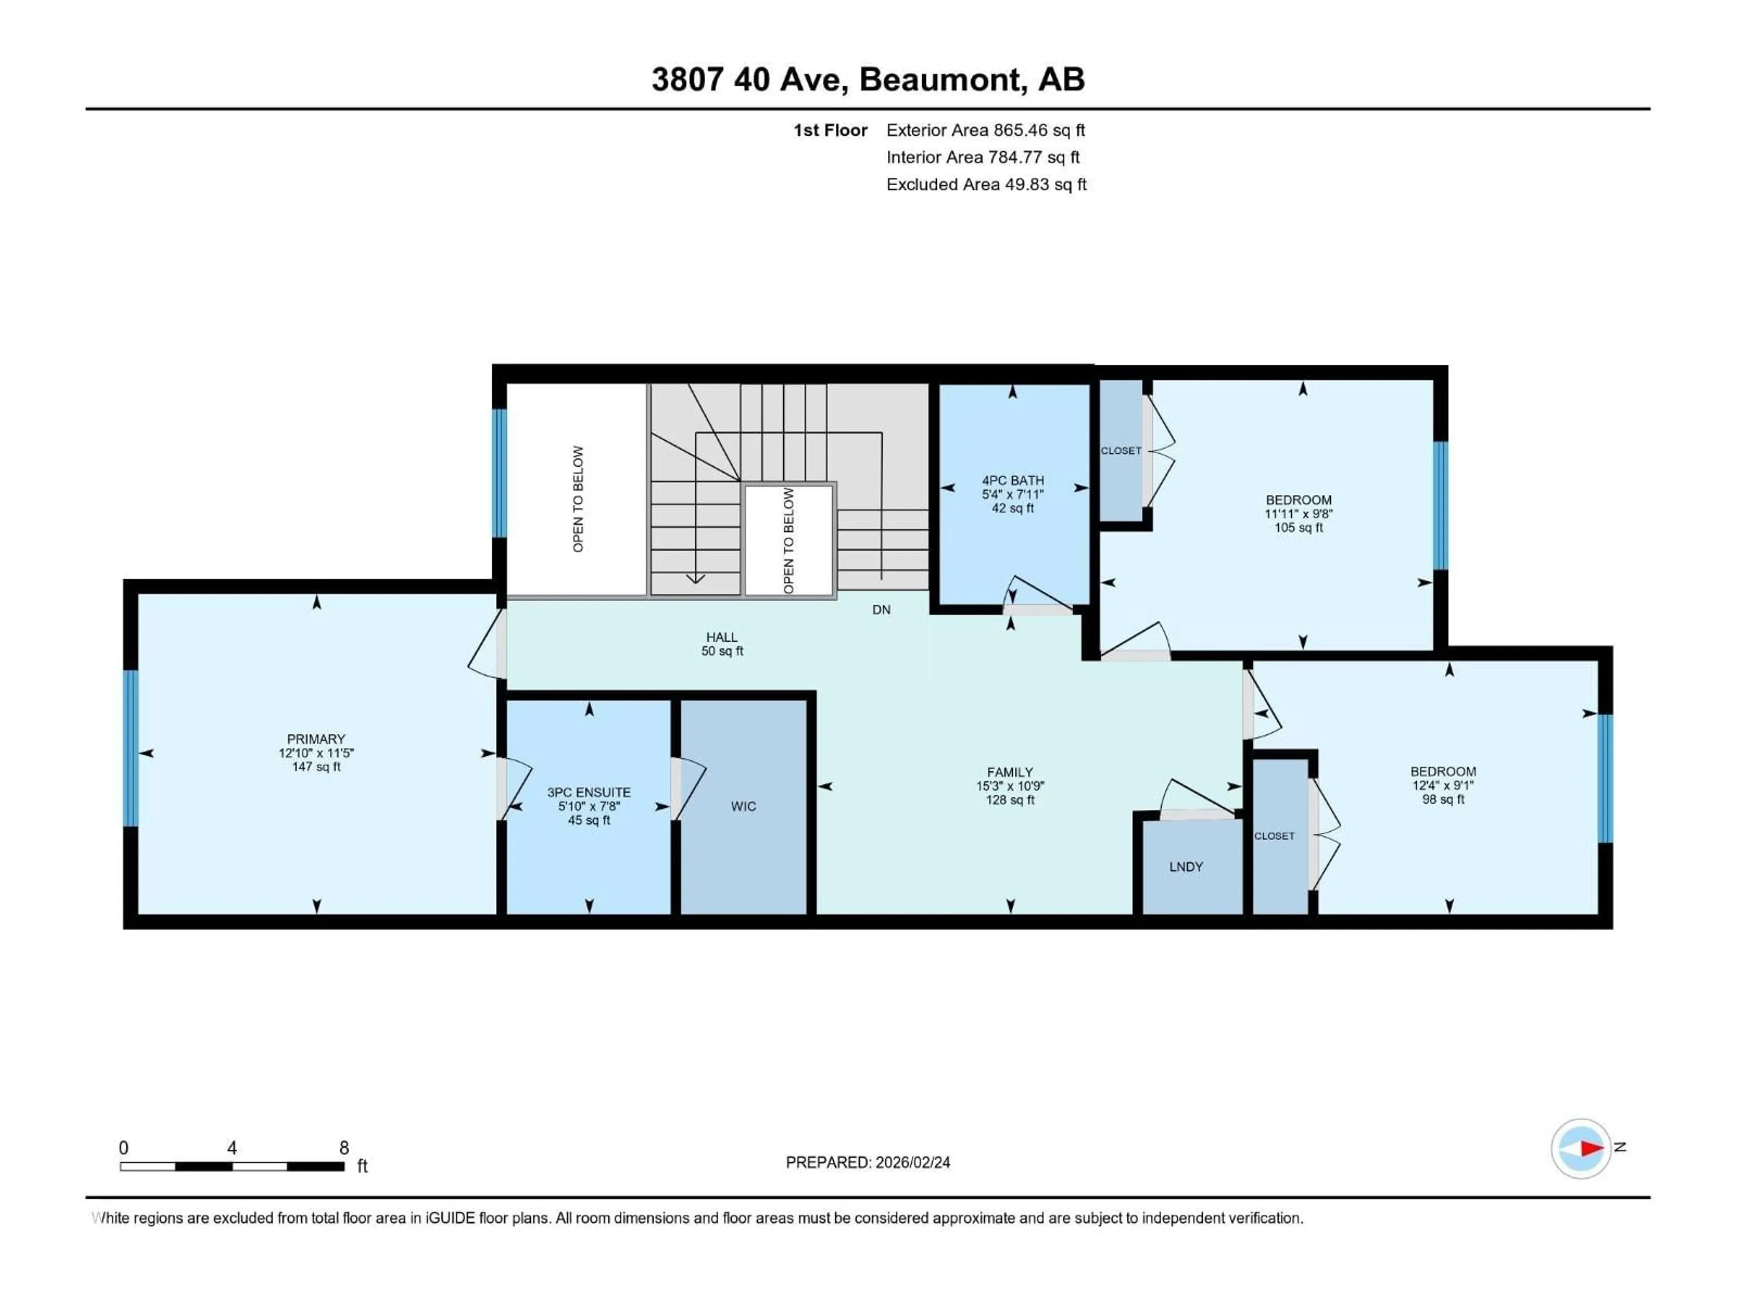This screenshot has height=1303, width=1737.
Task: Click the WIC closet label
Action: pyautogui.click(x=743, y=807)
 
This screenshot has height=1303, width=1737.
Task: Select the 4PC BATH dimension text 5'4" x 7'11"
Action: pyautogui.click(x=1012, y=495)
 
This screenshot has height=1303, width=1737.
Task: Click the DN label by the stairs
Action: pyautogui.click(x=881, y=609)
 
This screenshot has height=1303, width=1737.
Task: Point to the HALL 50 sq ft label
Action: pyautogui.click(x=721, y=644)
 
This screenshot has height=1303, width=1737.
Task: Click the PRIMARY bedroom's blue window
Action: pyautogui.click(x=130, y=748)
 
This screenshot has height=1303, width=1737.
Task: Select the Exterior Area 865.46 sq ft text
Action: pyautogui.click(x=986, y=130)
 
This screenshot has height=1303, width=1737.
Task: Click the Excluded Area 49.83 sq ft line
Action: pyautogui.click(x=986, y=185)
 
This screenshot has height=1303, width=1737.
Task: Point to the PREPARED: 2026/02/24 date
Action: pyautogui.click(x=868, y=1162)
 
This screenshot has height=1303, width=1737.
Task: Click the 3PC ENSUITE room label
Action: pyautogui.click(x=589, y=793)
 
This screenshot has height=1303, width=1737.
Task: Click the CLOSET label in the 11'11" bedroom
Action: pyautogui.click(x=1120, y=451)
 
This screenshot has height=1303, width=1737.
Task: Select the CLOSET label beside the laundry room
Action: pyautogui.click(x=1274, y=836)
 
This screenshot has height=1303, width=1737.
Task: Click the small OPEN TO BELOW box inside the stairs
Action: pyautogui.click(x=788, y=540)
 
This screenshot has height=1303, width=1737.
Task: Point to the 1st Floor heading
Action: pyautogui.click(x=830, y=130)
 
